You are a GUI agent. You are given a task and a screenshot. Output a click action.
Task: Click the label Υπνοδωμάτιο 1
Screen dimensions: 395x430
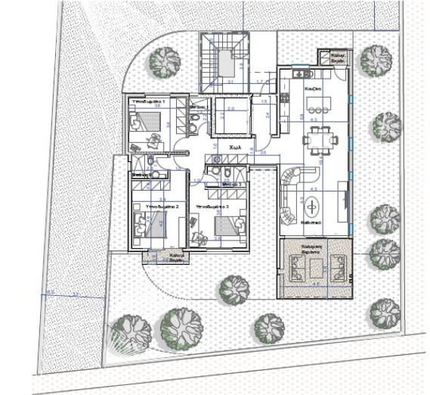pyautogui.click(x=149, y=100)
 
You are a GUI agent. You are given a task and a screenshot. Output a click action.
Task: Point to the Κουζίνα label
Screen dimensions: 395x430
pyautogui.click(x=314, y=88)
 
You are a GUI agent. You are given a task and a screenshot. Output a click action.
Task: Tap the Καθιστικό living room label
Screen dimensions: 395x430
pyautogui.click(x=312, y=225)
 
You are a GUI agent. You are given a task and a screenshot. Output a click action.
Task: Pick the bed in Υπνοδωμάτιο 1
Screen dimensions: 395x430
pyautogui.click(x=142, y=120)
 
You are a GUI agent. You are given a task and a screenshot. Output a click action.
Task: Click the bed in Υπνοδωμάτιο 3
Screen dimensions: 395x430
pyautogui.click(x=227, y=225)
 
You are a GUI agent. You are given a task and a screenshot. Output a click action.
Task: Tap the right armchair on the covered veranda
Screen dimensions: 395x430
pyautogui.click(x=336, y=266)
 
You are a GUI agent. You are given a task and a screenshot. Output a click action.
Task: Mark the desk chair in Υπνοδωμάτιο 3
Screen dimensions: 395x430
pyautogui.click(x=199, y=235)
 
